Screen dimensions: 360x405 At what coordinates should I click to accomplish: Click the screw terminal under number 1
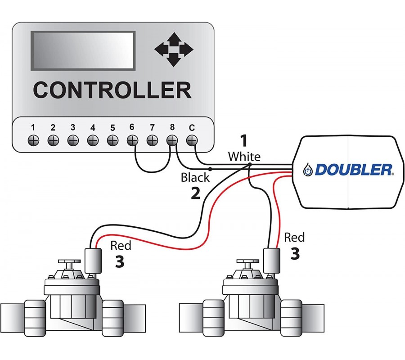pyautogui.click(x=33, y=140)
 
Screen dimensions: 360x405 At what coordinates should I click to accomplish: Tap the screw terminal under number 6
pyautogui.click(x=132, y=140)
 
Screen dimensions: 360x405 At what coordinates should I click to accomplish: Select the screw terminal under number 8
pyautogui.click(x=171, y=140)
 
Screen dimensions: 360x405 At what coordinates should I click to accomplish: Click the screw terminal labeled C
pyautogui.click(x=192, y=140)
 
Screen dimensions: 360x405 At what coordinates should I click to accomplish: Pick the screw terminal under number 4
pyautogui.click(x=93, y=140)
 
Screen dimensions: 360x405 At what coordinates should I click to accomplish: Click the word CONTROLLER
pyautogui.click(x=112, y=90)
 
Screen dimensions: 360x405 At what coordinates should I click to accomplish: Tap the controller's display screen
pyautogui.click(x=83, y=50)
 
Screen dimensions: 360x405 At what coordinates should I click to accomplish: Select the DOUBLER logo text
pyautogui.click(x=354, y=170)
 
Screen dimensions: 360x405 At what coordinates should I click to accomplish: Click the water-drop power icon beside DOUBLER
pyautogui.click(x=308, y=170)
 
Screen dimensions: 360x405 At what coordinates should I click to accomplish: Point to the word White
pyautogui.click(x=244, y=157)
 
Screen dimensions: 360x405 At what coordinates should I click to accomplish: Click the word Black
pyautogui.click(x=195, y=177)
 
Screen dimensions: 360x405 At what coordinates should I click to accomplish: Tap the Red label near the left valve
pyautogui.click(x=121, y=245)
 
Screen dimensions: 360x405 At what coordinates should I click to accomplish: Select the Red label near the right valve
pyautogui.click(x=294, y=237)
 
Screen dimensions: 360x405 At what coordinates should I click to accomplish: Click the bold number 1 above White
pyautogui.click(x=243, y=141)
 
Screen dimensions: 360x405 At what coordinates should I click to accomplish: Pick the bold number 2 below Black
pyautogui.click(x=195, y=193)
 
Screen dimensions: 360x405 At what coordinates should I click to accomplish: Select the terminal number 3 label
pyautogui.click(x=73, y=127)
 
